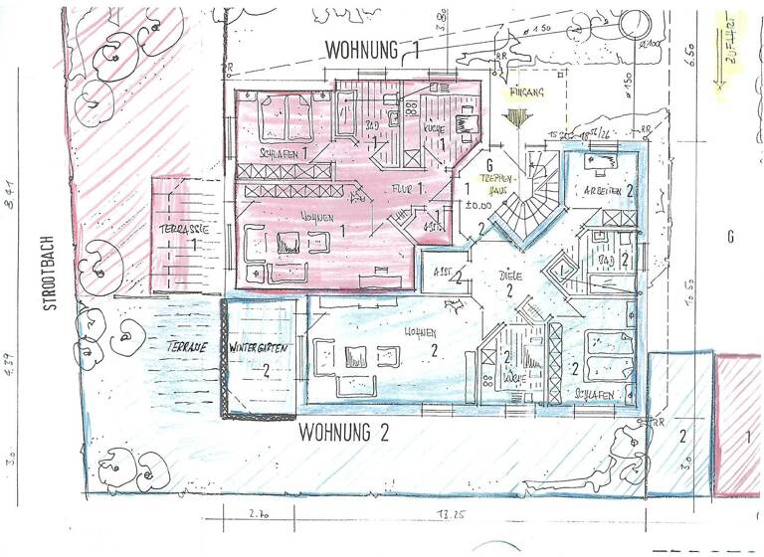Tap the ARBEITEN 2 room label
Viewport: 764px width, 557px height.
point(611,189)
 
